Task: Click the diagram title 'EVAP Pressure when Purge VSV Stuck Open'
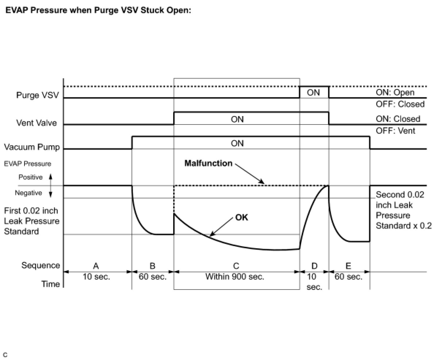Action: point(98,10)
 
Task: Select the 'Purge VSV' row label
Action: point(38,95)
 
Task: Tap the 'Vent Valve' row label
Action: point(37,123)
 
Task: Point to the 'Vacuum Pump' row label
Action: point(32,147)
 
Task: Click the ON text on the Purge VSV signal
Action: point(313,92)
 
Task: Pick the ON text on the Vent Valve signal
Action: point(237,119)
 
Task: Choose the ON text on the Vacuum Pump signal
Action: point(237,143)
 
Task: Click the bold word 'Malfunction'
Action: point(208,163)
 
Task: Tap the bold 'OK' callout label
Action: point(241,218)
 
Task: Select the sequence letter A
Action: point(96,265)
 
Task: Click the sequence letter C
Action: point(236,265)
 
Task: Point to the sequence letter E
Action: point(348,265)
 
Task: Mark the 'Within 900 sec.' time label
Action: point(235,277)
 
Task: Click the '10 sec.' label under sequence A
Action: point(96,277)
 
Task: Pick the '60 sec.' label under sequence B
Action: point(153,277)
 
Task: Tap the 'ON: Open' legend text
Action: point(395,92)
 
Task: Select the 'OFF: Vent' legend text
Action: point(396,130)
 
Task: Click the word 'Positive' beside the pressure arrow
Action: point(31,177)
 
